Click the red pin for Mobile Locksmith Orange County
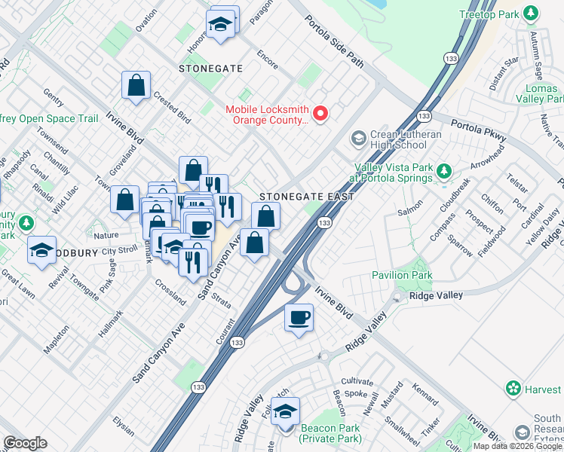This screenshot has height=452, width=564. pos(320,114)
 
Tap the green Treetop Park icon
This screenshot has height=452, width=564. pos(532,14)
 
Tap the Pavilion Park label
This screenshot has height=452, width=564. pos(402,275)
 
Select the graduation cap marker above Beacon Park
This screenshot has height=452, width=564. pos(285,412)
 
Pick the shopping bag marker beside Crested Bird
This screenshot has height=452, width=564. pos(136,87)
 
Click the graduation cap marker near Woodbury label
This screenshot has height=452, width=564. pos(41,250)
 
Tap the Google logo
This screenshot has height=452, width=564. pos(25,443)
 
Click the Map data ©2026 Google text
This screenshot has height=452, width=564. pos(517,446)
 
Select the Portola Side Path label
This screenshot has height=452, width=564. pos(335,42)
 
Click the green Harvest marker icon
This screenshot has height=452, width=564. pos(513,389)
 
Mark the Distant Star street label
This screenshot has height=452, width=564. pos(504,73)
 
